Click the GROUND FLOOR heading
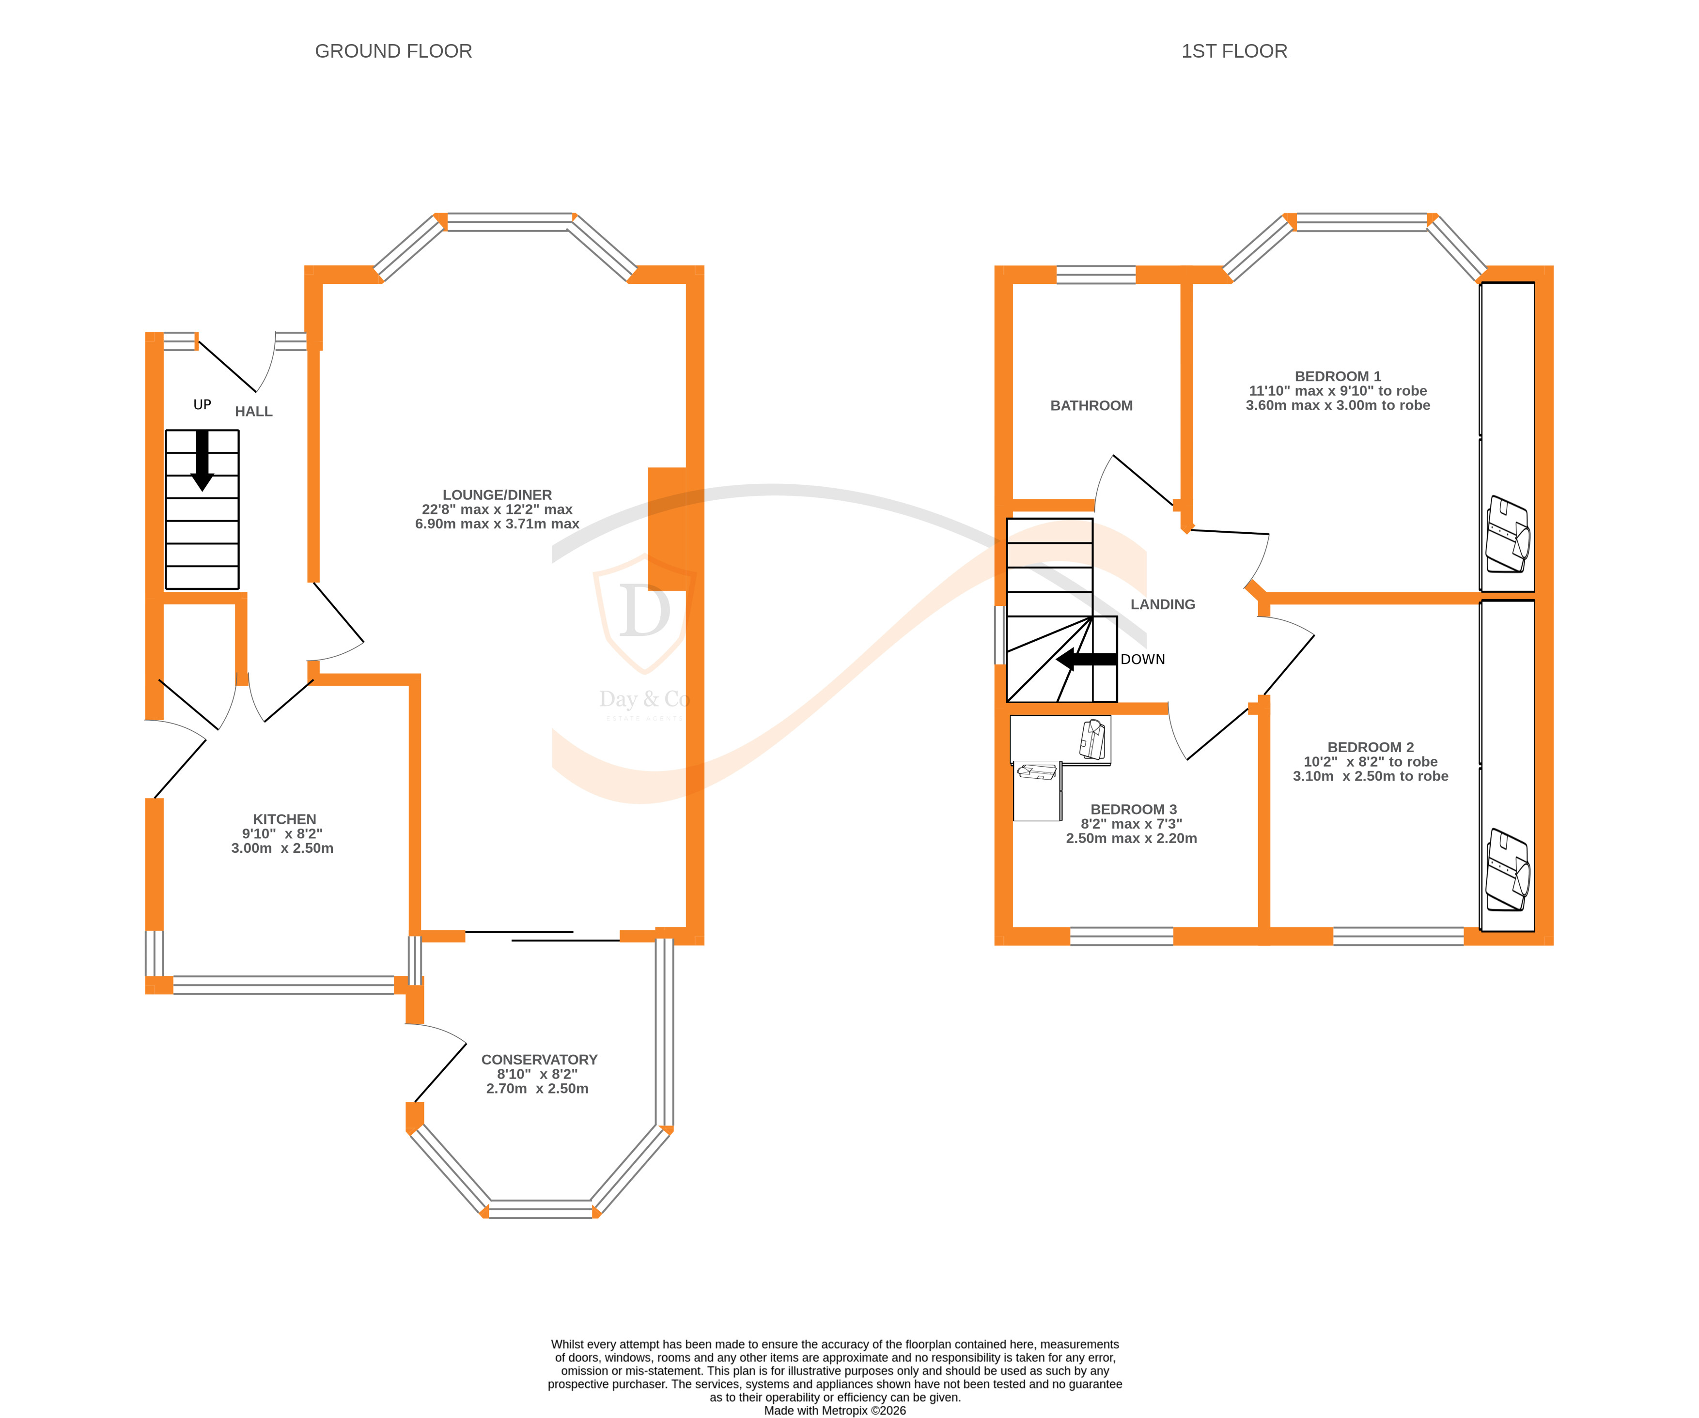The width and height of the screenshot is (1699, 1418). pos(393,51)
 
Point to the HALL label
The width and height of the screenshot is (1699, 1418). pos(253,412)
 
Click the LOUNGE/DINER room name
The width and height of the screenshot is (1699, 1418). pos(497,495)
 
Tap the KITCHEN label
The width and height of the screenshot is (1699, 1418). pos(284,819)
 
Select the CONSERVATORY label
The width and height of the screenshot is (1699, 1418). pos(539,1060)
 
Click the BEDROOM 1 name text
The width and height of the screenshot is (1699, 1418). pos(1338,376)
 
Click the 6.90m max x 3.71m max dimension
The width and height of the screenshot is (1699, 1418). pos(497,524)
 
